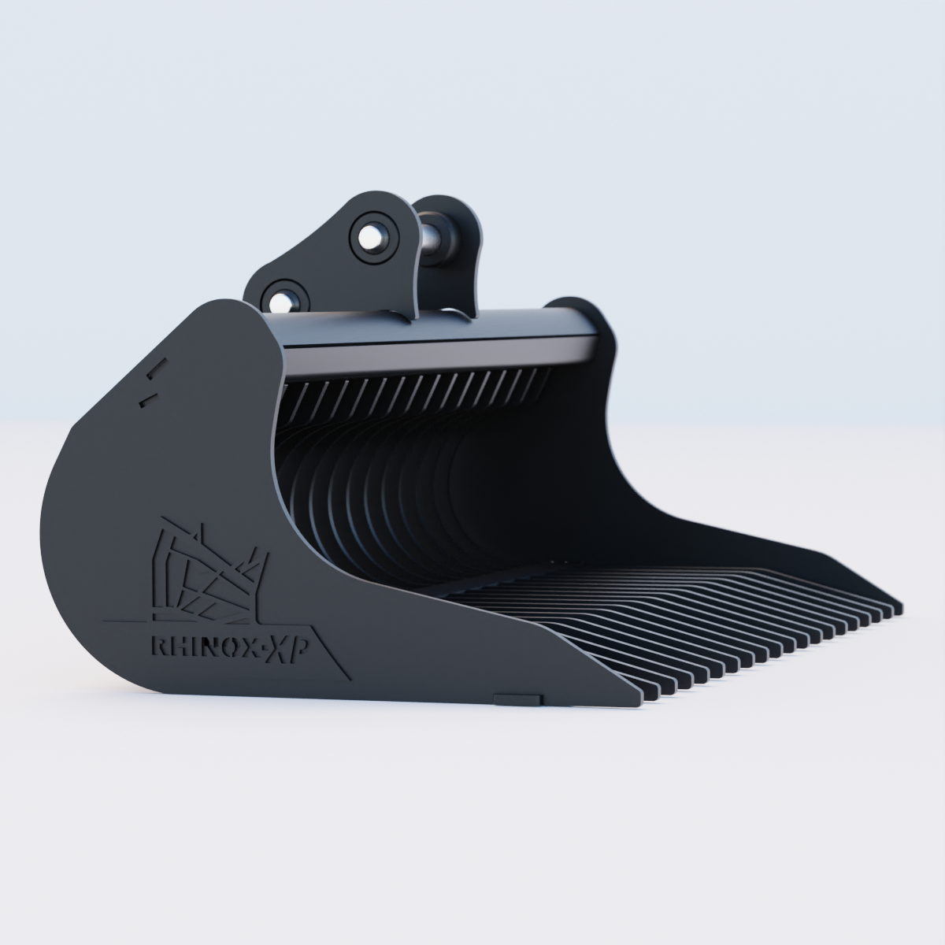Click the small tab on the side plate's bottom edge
517,699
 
